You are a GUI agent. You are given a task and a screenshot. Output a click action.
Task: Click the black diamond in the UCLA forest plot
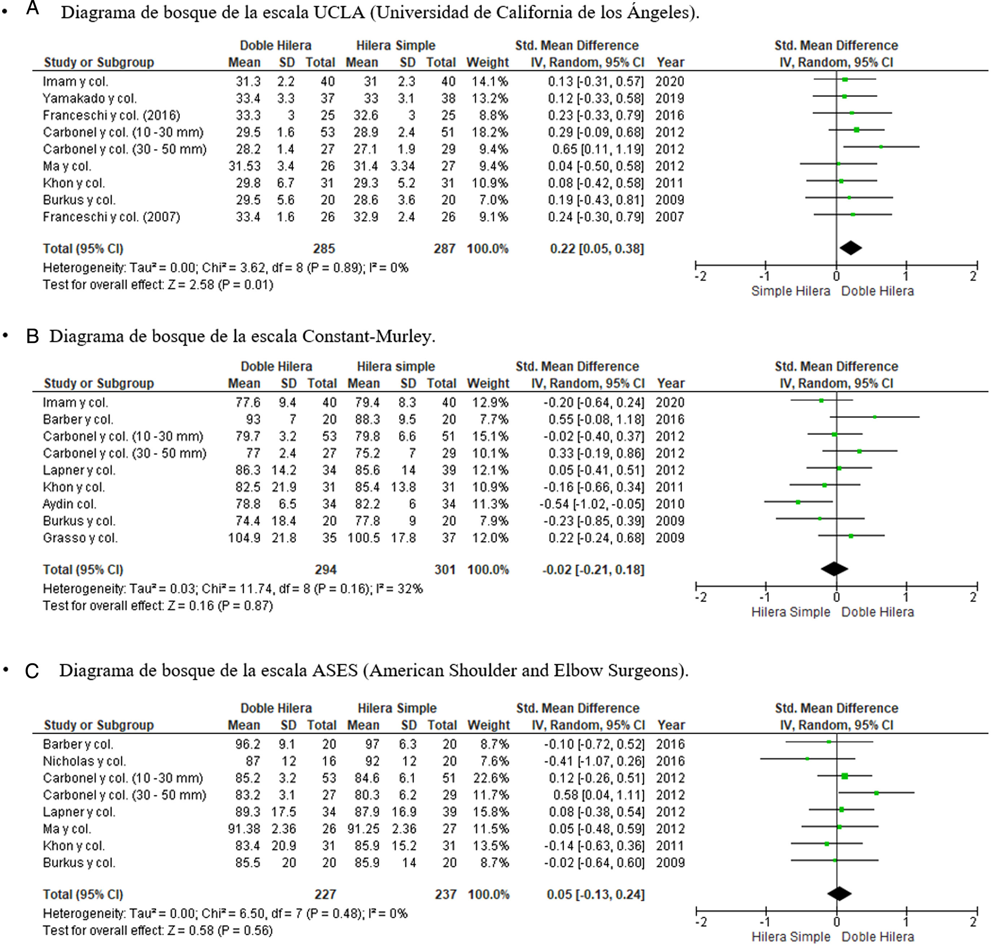(851, 248)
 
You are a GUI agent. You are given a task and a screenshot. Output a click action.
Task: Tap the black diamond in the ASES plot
(839, 894)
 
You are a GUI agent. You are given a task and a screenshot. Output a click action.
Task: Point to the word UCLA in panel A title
(339, 12)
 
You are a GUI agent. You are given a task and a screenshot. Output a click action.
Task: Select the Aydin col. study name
(69, 504)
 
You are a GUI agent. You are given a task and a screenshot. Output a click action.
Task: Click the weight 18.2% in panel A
(489, 132)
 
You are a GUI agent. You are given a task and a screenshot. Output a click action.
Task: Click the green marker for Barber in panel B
(874, 417)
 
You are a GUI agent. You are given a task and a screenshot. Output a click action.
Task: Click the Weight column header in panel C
(488, 725)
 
